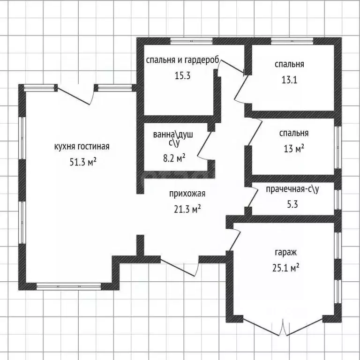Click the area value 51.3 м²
(83, 162)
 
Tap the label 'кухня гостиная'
(82, 146)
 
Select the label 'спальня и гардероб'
(183, 60)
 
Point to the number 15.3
(183, 75)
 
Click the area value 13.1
(289, 80)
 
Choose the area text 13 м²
(294, 149)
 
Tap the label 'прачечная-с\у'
(292, 189)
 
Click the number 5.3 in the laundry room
(292, 204)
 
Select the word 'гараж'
(285, 253)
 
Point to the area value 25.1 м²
(285, 268)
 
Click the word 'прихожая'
(187, 194)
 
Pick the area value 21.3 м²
(187, 209)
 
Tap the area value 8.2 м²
(174, 158)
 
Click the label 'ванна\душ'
(173, 135)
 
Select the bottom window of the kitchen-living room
(69, 286)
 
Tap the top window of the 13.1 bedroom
(292, 41)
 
